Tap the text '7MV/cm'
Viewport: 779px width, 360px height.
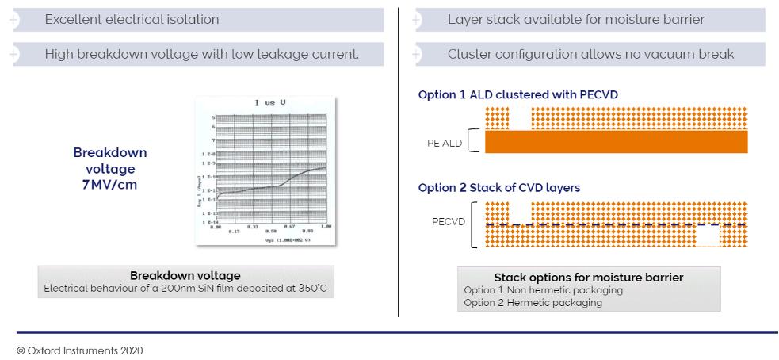pos(110,185)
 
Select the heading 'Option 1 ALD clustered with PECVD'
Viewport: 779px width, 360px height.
pos(518,95)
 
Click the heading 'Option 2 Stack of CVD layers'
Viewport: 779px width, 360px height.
pos(499,188)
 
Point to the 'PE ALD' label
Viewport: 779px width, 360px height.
pos(445,144)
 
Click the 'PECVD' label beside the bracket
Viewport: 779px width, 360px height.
pos(449,222)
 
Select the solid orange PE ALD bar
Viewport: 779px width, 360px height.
pos(616,141)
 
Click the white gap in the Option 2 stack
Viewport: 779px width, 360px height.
pos(707,236)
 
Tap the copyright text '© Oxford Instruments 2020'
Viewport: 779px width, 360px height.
pos(79,350)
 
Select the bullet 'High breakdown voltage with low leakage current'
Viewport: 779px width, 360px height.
pos(201,54)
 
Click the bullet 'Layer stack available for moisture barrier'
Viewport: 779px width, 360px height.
pos(575,19)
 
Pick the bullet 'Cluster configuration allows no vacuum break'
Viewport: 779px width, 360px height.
pos(590,54)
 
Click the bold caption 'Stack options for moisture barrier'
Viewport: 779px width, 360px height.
pos(588,278)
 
